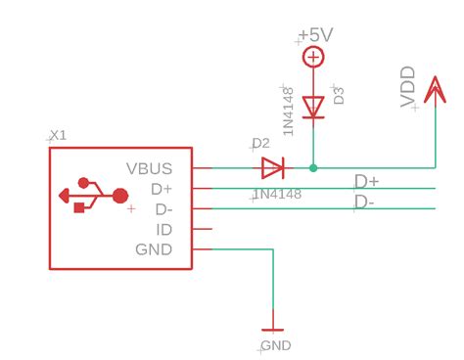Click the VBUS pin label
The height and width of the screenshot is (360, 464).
[150, 168]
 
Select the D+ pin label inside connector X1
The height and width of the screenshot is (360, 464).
[161, 189]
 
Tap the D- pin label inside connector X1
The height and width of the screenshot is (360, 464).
[162, 209]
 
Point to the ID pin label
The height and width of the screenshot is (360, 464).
[164, 229]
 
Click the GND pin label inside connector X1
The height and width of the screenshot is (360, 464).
[154, 249]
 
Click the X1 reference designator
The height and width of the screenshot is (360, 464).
[58, 135]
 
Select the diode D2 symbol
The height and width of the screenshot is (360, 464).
[272, 168]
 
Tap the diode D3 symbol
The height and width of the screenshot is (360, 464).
[313, 106]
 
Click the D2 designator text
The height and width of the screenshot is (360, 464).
[261, 145]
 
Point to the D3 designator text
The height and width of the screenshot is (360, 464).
[340, 96]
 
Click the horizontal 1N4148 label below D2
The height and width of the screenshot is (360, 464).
[277, 195]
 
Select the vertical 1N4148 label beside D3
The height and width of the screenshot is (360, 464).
[289, 112]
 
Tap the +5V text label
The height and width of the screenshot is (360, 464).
[316, 35]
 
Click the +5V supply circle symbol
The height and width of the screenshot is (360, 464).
[313, 58]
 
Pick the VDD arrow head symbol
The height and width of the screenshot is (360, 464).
[435, 88]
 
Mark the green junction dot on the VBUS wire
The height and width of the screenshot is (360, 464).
[313, 168]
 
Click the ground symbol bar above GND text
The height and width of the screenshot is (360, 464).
[272, 328]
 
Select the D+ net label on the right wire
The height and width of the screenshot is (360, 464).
[367, 181]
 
